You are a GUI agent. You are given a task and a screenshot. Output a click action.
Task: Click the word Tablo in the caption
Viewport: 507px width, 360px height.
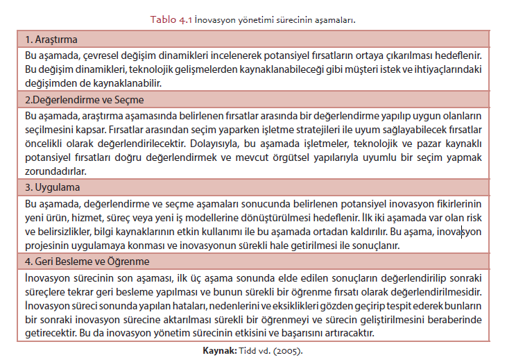point(163,19)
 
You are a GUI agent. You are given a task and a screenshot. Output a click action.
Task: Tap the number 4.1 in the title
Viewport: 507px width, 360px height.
point(184,19)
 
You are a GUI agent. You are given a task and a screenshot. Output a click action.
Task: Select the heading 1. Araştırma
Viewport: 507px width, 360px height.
point(51,39)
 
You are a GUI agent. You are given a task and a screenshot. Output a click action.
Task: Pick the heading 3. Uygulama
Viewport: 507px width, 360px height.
point(53,188)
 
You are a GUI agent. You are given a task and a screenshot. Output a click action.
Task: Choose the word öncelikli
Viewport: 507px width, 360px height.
point(47,144)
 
